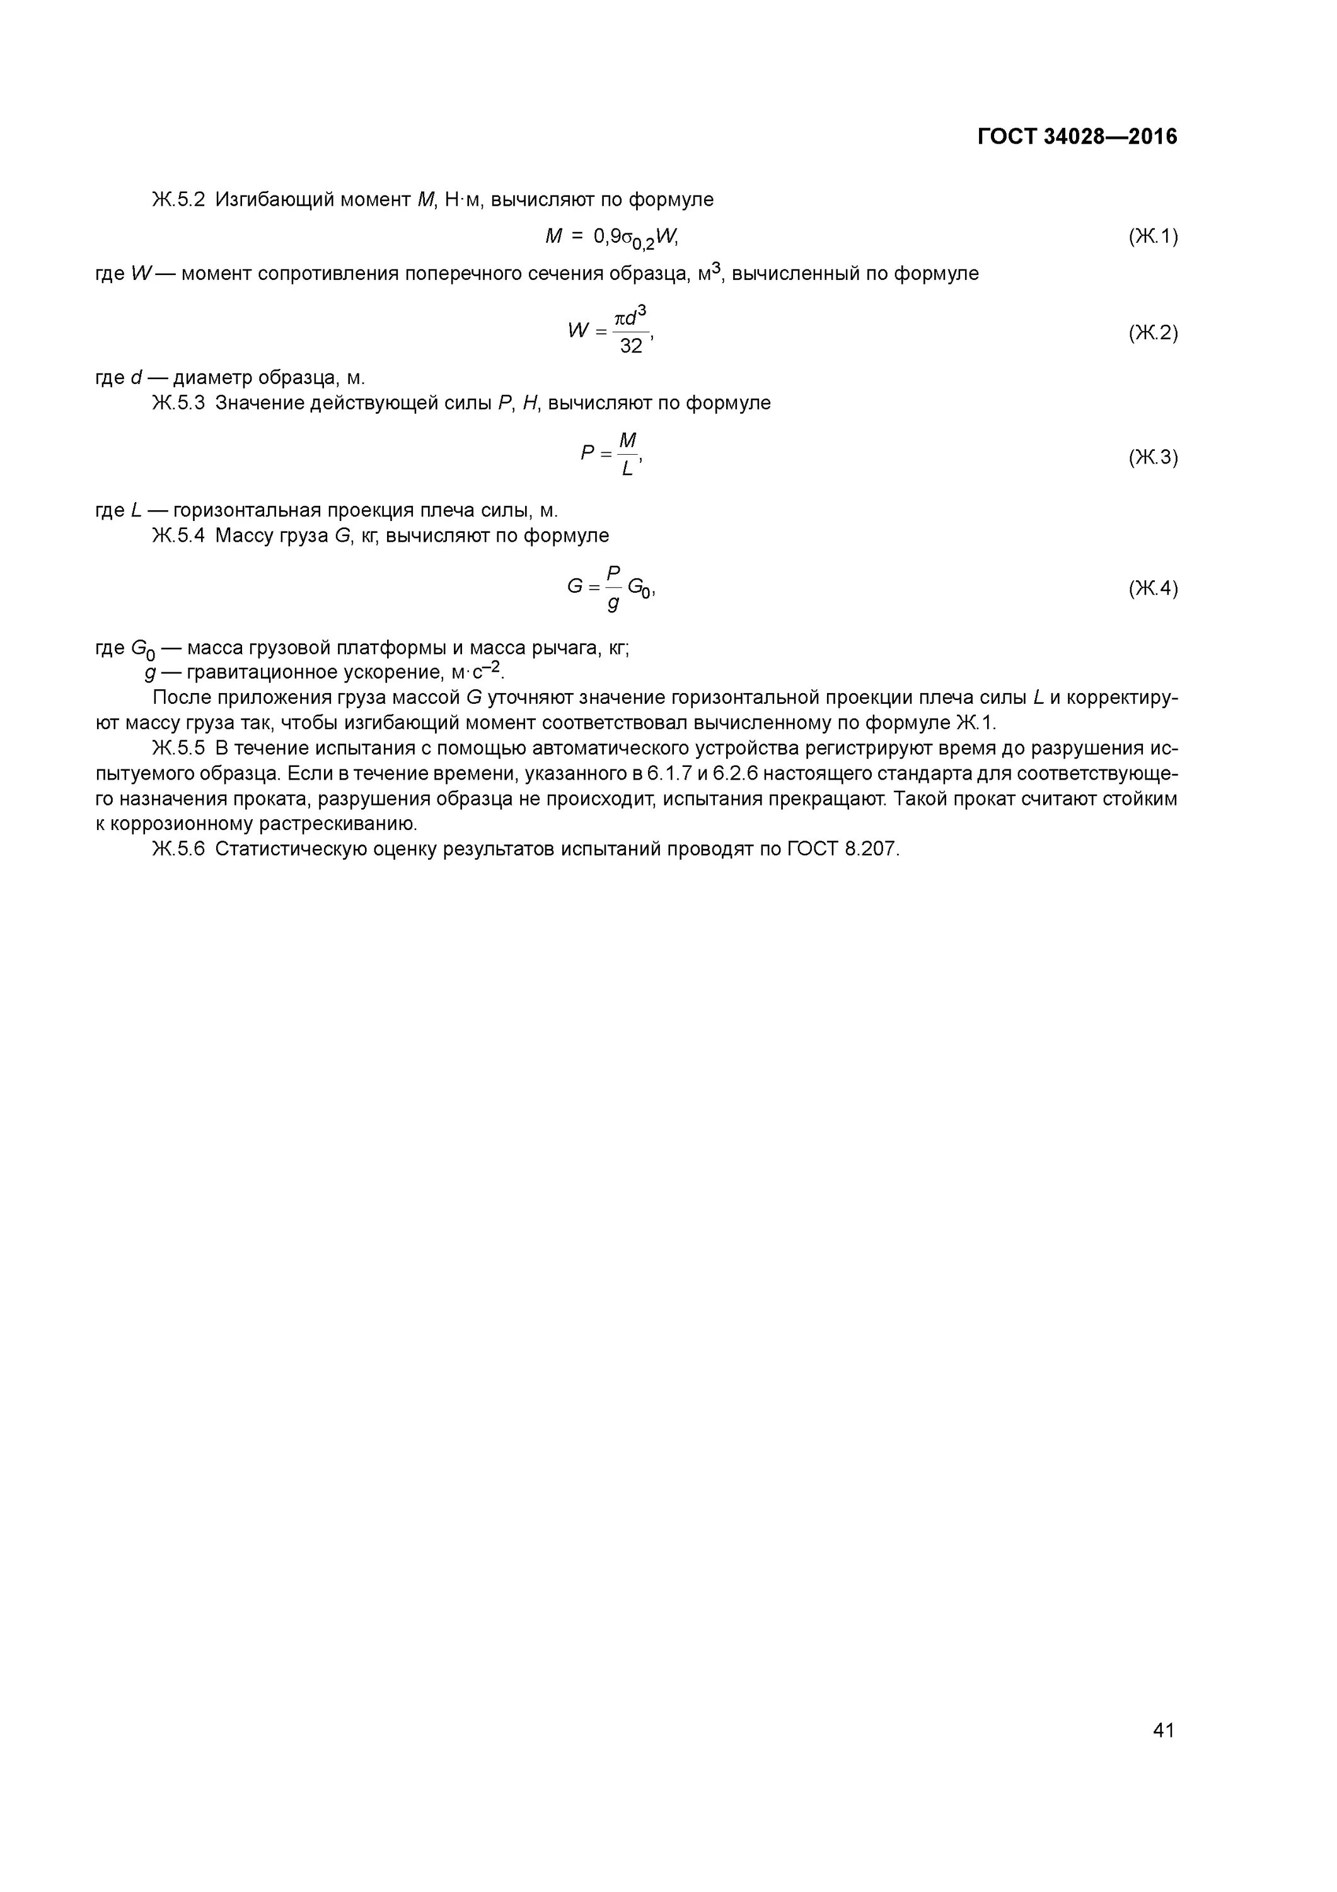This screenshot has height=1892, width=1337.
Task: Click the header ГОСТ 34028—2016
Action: [1077, 137]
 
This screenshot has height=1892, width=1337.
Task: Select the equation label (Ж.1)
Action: [1152, 237]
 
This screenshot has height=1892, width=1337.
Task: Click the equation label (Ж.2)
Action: [1152, 333]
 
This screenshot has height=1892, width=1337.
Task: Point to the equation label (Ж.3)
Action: [1152, 457]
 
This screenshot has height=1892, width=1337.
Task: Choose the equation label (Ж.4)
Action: [1152, 588]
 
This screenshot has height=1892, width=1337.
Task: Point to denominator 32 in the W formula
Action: [631, 347]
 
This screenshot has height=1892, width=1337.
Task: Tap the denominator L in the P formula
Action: [628, 470]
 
